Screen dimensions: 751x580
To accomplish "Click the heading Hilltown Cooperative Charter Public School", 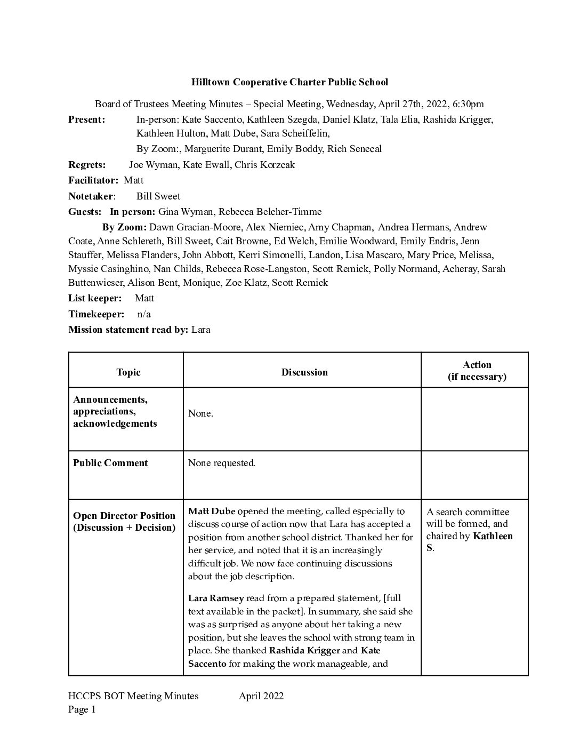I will [289, 82].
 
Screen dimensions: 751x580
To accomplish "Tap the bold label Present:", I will [86, 119].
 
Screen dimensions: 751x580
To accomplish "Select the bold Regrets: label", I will [87, 165].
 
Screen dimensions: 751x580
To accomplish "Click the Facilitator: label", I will [93, 180].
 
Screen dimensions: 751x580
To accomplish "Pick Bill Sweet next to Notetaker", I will [158, 196].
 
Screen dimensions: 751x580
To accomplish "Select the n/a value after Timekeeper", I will [144, 314].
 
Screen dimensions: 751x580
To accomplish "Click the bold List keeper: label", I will [95, 298].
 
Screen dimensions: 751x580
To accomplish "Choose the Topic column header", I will [128, 372].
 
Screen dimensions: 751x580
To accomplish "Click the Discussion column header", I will [304, 372].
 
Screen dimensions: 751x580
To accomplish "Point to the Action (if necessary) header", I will [477, 371].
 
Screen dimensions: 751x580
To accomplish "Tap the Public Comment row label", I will [110, 463].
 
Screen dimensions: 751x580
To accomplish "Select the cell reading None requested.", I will [222, 463].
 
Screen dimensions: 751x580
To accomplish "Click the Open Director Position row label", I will [124, 522].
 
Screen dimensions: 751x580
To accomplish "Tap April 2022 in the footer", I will [261, 696].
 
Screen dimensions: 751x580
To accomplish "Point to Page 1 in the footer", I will [82, 709].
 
